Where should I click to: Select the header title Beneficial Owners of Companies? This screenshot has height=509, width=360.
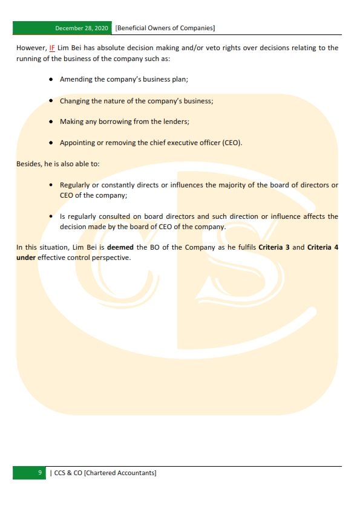click(x=165, y=28)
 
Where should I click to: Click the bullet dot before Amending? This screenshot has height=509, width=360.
click(x=52, y=80)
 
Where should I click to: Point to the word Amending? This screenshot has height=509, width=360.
click(x=76, y=80)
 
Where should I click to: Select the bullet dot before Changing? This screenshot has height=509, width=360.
click(x=52, y=101)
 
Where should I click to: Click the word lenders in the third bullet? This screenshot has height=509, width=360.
click(x=175, y=122)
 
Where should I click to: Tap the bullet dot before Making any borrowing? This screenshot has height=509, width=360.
click(x=52, y=122)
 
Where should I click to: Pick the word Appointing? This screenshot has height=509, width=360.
click(x=77, y=143)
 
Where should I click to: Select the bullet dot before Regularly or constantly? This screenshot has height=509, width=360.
click(x=52, y=184)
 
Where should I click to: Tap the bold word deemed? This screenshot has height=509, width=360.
click(x=120, y=247)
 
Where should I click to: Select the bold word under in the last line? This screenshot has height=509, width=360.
click(x=26, y=258)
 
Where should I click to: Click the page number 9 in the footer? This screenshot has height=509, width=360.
click(x=39, y=473)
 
